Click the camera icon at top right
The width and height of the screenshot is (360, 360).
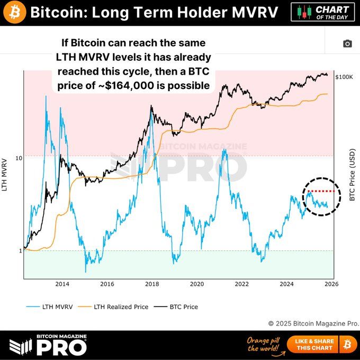[x=347, y=44]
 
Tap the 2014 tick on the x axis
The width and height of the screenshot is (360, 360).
[x=62, y=284]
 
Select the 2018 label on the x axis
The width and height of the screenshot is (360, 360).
[x=152, y=284]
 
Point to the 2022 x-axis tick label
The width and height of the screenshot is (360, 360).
[x=242, y=284]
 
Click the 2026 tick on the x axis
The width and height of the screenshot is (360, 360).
[x=331, y=284]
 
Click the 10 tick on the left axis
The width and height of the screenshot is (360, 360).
[x=19, y=158]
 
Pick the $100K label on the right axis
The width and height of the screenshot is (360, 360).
[x=344, y=77]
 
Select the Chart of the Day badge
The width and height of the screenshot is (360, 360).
[x=323, y=12]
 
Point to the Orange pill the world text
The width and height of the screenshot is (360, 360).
[x=263, y=344]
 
